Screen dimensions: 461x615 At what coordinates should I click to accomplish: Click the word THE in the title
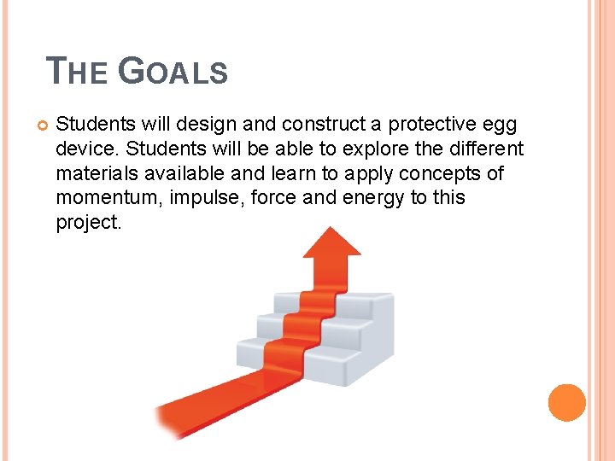(x=76, y=71)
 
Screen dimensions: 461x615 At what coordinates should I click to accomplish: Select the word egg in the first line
(x=500, y=125)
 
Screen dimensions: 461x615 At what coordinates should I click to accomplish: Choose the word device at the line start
(x=83, y=149)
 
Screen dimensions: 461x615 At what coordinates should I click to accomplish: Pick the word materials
(x=95, y=174)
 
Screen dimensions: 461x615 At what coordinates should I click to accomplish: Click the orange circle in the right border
(x=567, y=402)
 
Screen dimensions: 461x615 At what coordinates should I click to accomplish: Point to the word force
(x=273, y=198)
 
